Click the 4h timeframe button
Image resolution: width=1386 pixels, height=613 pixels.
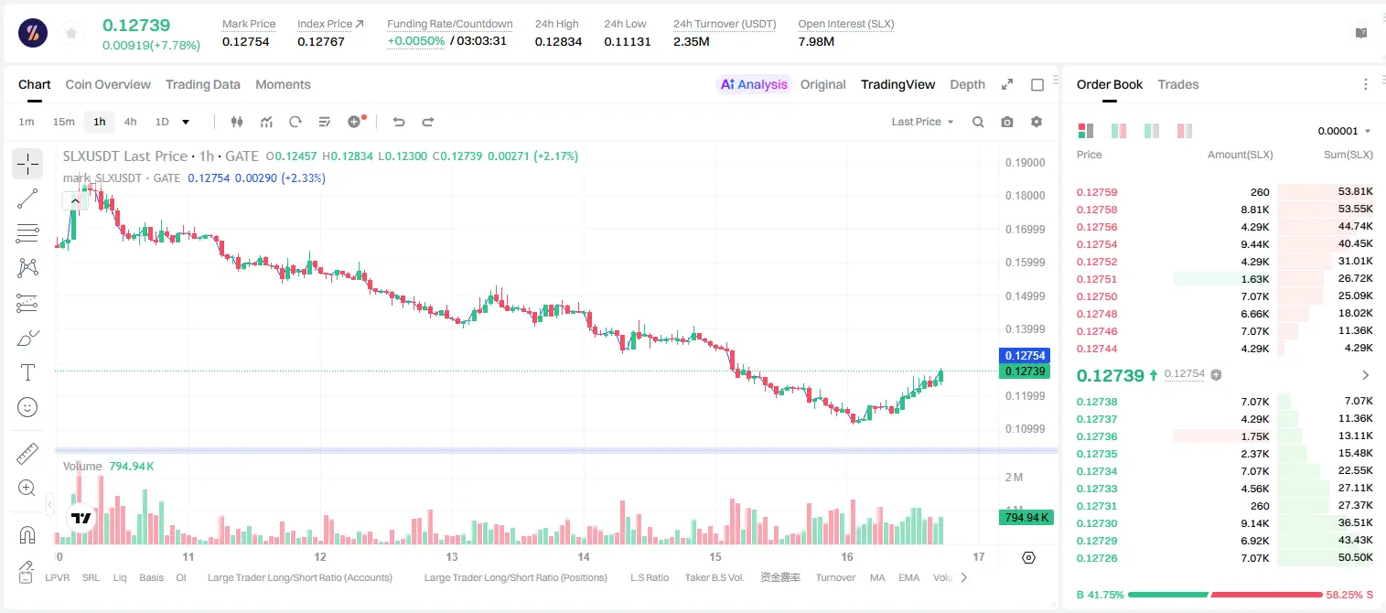tap(130, 122)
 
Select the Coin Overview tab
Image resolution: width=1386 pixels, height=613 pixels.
tap(108, 84)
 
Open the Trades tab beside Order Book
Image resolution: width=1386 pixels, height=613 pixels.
tap(1178, 84)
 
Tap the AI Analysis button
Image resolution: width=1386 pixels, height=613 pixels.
tap(754, 84)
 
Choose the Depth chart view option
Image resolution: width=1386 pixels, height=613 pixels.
tap(967, 84)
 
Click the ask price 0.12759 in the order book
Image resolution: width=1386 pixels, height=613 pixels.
tap(1097, 192)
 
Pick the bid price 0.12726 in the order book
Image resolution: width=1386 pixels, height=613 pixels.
tap(1097, 558)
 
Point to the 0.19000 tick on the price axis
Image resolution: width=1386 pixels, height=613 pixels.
tap(1026, 163)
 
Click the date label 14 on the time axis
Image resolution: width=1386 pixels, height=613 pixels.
tap(584, 556)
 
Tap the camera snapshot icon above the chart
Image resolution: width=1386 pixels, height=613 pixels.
tap(1007, 122)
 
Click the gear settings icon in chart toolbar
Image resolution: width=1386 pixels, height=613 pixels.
tap(1037, 122)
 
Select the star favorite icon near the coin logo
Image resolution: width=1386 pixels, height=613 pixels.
tap(71, 34)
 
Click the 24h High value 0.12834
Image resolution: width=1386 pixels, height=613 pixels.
tap(558, 41)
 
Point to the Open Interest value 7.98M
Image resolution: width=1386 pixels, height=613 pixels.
tap(816, 41)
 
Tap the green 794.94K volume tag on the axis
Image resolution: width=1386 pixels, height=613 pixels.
tap(1026, 517)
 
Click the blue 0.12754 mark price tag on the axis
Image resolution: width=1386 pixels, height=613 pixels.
tap(1026, 356)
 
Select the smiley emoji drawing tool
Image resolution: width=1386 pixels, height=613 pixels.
tap(27, 407)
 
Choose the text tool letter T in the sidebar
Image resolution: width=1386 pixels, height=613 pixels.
tap(27, 372)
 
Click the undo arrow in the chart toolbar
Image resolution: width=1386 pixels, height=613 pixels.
tap(399, 122)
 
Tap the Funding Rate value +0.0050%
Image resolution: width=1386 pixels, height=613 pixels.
tap(415, 41)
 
